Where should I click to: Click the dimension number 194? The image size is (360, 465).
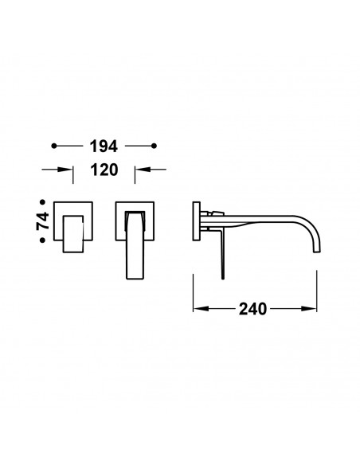(104, 147)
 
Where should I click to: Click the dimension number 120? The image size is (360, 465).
(104, 170)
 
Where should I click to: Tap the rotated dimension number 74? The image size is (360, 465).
(43, 221)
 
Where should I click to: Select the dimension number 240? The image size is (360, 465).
(252, 309)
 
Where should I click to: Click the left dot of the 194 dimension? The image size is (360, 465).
(54, 146)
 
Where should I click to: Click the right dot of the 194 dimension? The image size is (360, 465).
(154, 146)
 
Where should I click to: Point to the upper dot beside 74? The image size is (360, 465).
(43, 202)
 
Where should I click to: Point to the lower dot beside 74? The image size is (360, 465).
(43, 240)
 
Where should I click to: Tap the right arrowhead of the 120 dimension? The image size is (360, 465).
(143, 170)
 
